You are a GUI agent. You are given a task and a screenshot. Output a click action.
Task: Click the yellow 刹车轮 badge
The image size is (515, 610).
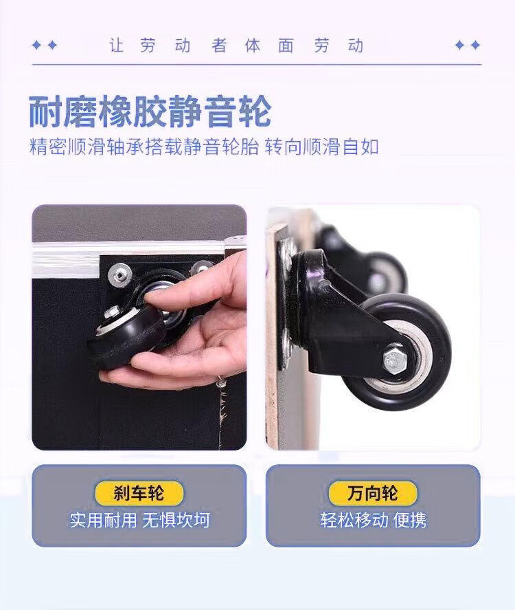139,493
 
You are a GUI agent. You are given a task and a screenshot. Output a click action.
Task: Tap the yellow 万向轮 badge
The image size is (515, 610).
373,493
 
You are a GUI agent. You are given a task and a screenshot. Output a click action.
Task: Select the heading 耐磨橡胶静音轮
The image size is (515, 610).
150,112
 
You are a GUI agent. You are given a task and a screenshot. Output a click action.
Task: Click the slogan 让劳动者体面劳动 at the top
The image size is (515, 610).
236,45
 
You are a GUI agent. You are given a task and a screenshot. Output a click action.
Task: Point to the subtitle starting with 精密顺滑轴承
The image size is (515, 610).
204,147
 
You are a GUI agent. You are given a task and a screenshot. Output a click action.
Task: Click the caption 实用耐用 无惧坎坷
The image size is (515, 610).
140,520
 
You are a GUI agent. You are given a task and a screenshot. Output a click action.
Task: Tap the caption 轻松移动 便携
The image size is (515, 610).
374,520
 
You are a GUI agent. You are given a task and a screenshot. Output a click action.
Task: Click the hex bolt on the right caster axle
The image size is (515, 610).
396,360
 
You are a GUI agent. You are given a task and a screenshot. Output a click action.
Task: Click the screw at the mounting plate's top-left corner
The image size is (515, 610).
120,273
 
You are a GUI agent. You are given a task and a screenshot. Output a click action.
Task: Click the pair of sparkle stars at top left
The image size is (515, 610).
45,45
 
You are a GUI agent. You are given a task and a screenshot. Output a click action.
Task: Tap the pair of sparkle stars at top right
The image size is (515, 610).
468,45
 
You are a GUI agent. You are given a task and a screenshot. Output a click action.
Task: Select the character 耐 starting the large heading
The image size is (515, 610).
45,112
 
